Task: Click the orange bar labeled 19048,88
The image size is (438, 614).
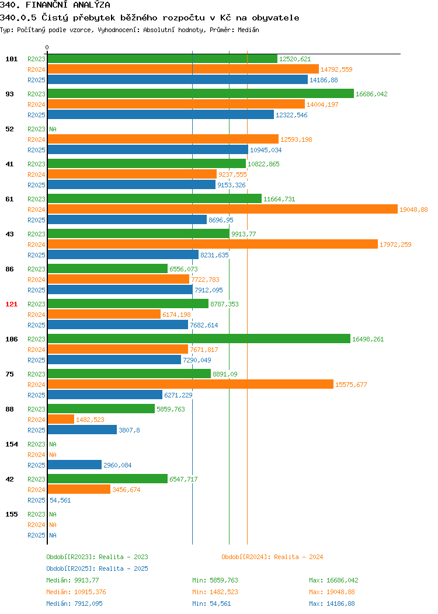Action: [x=223, y=209]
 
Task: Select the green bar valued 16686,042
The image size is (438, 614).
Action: [x=200, y=93]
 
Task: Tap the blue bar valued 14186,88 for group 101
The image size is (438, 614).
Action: [x=178, y=79]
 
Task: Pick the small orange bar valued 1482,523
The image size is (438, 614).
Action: [x=61, y=419]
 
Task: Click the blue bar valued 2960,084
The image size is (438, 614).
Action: [x=74, y=465]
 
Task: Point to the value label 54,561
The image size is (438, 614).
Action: [x=60, y=500]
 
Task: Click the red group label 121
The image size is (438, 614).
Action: [x=11, y=304]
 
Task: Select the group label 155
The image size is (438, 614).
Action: [x=11, y=514]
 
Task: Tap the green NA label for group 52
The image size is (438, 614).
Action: [x=53, y=129]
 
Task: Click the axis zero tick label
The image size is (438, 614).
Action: [x=47, y=47]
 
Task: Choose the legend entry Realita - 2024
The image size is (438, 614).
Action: [x=272, y=557]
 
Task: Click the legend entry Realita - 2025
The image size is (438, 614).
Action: [x=97, y=568]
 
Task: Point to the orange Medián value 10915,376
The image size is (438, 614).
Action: [x=76, y=592]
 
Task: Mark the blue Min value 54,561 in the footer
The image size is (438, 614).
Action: [x=211, y=603]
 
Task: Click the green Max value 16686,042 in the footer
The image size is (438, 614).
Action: [x=334, y=580]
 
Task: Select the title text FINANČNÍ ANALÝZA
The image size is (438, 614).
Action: [x=68, y=5]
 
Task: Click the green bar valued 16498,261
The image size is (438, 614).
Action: [x=199, y=339]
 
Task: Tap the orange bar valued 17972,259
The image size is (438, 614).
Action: [x=213, y=245]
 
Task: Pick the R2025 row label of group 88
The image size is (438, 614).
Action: [x=36, y=430]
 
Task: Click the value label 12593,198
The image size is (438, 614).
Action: [x=296, y=139]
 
